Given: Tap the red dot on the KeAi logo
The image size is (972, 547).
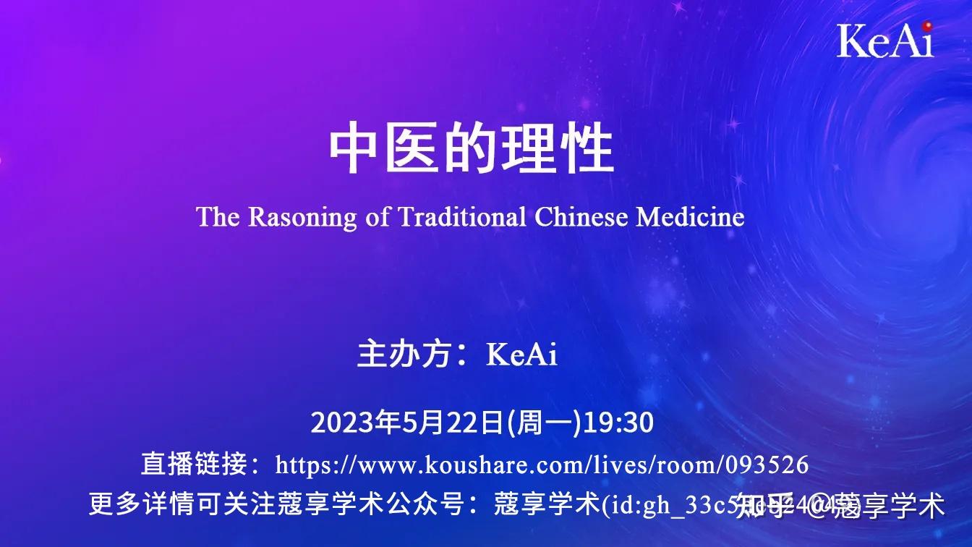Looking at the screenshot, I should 927,27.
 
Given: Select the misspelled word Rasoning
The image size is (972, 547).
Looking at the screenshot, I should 302,217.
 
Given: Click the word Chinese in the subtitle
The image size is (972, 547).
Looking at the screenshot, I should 582,217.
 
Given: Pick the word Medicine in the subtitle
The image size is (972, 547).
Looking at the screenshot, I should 690,217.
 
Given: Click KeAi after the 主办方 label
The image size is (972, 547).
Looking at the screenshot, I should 522,355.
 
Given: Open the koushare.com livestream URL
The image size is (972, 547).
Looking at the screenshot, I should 542,465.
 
